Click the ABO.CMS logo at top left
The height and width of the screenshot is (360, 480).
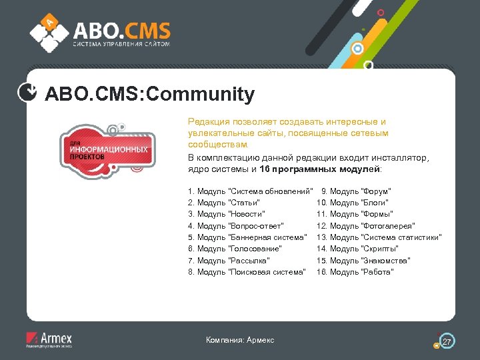point(100,33)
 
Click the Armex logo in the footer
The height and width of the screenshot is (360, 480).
point(49,339)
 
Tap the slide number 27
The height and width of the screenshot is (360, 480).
point(447,341)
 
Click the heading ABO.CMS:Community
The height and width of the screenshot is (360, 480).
point(149,95)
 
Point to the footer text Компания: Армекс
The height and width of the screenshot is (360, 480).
point(240,341)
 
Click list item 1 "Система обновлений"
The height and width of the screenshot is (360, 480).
point(251,191)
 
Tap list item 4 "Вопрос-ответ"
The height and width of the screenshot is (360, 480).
point(237,226)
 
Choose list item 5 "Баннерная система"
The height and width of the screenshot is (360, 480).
point(248,237)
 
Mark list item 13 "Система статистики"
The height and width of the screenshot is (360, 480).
point(379,237)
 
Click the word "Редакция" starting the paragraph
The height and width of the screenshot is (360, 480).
point(207,122)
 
